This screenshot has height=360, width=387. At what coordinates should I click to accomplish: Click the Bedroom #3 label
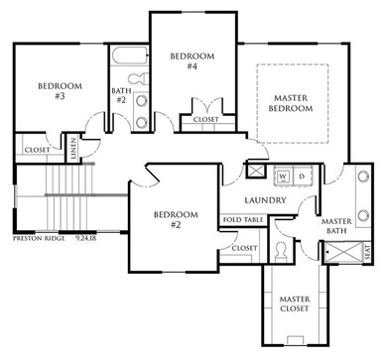pyautogui.click(x=60, y=91)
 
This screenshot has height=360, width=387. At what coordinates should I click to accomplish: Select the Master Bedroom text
pyautogui.click(x=291, y=103)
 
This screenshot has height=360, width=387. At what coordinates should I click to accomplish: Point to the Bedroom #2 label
pyautogui.click(x=176, y=220)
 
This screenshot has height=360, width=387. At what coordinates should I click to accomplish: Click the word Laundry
pyautogui.click(x=265, y=200)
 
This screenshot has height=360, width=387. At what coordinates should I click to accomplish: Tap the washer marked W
pyautogui.click(x=283, y=177)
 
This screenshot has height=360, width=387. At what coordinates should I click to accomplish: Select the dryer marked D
pyautogui.click(x=302, y=177)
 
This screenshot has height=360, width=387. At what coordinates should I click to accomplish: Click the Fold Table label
pyautogui.click(x=243, y=220)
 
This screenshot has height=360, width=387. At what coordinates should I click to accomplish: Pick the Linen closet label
pyautogui.click(x=73, y=150)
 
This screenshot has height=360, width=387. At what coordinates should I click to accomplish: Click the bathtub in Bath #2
pyautogui.click(x=129, y=57)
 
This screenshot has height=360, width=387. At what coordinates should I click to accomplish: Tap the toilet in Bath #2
pyautogui.click(x=139, y=80)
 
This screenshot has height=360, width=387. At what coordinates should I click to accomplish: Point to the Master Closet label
pyautogui.click(x=295, y=303)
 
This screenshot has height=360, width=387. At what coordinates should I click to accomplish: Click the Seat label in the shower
pyautogui.click(x=368, y=252)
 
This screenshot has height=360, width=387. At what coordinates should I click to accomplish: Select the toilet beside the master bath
pyautogui.click(x=281, y=252)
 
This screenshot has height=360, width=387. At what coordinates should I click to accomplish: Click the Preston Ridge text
pyautogui.click(x=39, y=238)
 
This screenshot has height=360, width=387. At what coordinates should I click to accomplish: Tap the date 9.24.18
pyautogui.click(x=85, y=238)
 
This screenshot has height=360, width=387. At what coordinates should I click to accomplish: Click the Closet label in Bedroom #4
pyautogui.click(x=205, y=119)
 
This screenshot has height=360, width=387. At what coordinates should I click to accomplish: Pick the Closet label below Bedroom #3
pyautogui.click(x=37, y=150)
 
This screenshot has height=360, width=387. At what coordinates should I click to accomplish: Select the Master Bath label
pyautogui.click(x=336, y=226)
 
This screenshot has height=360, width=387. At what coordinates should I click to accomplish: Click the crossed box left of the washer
pyautogui.click(x=256, y=171)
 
